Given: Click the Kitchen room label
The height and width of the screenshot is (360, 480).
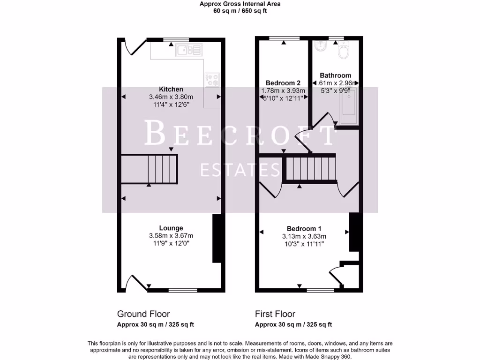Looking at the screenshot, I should pyautogui.click(x=171, y=89).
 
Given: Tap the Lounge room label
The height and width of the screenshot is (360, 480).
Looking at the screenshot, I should pyautogui.click(x=171, y=228).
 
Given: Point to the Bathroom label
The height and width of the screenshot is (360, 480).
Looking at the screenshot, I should pyautogui.click(x=335, y=75).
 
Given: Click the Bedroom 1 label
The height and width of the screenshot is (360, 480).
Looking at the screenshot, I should pyautogui.click(x=304, y=229).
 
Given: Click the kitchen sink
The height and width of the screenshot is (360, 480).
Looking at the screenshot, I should pyautogui.click(x=188, y=50).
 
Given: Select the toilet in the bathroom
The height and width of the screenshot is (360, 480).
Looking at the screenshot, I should pyautogui.click(x=344, y=51).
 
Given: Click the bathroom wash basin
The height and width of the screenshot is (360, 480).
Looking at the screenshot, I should pyautogui.click(x=321, y=46).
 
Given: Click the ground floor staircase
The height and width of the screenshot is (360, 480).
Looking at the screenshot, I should pyautogui.click(x=150, y=169).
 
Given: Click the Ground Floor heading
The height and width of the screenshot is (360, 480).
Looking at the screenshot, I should pyautogui.click(x=143, y=314).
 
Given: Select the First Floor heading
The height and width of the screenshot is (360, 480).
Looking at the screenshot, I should pyautogui.click(x=275, y=314).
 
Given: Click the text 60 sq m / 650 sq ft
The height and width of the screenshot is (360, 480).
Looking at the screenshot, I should pyautogui.click(x=240, y=11).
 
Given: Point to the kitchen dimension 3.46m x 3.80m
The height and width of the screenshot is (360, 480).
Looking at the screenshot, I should pyautogui.click(x=171, y=97).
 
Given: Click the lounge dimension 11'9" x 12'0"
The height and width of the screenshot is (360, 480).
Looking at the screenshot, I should pyautogui.click(x=171, y=243).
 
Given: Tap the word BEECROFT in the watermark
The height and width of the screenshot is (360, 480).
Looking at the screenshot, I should pyautogui.click(x=240, y=133).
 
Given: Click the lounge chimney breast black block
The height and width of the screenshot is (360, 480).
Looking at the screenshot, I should pyautogui.click(x=217, y=238).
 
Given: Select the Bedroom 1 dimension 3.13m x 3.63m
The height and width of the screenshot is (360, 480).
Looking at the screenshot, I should pyautogui.click(x=304, y=236).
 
